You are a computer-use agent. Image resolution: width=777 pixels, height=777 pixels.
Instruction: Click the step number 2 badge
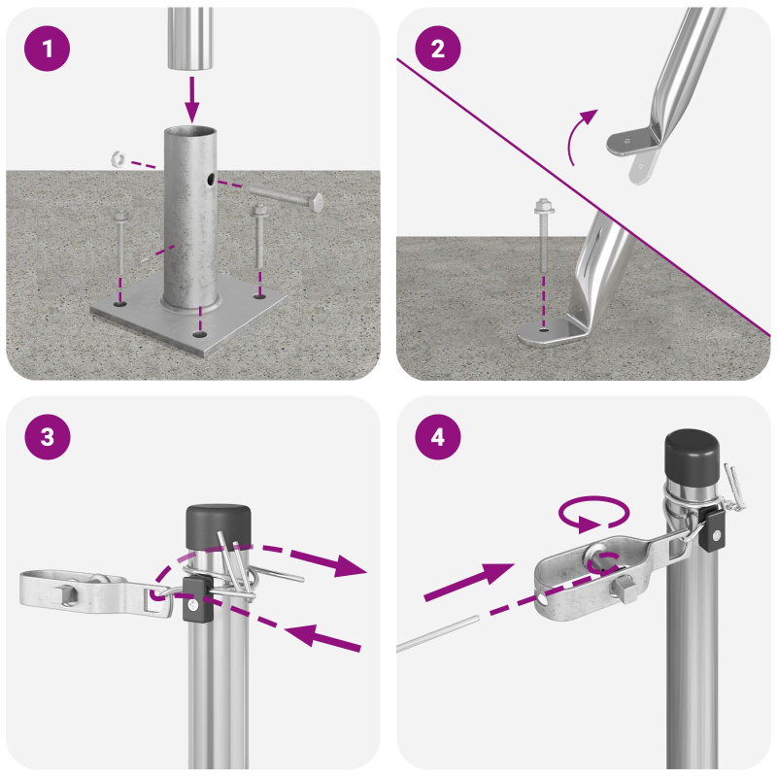[437, 50]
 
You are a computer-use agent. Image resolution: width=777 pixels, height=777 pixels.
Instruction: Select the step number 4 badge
[437, 438]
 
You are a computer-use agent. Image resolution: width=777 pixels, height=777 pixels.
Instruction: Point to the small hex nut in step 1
[117, 156]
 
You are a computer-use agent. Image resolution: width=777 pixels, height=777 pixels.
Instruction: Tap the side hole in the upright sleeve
[210, 180]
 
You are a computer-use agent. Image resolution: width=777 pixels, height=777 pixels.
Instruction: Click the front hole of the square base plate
[199, 333]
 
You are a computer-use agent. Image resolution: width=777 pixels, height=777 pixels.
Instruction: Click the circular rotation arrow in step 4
[594, 515]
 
